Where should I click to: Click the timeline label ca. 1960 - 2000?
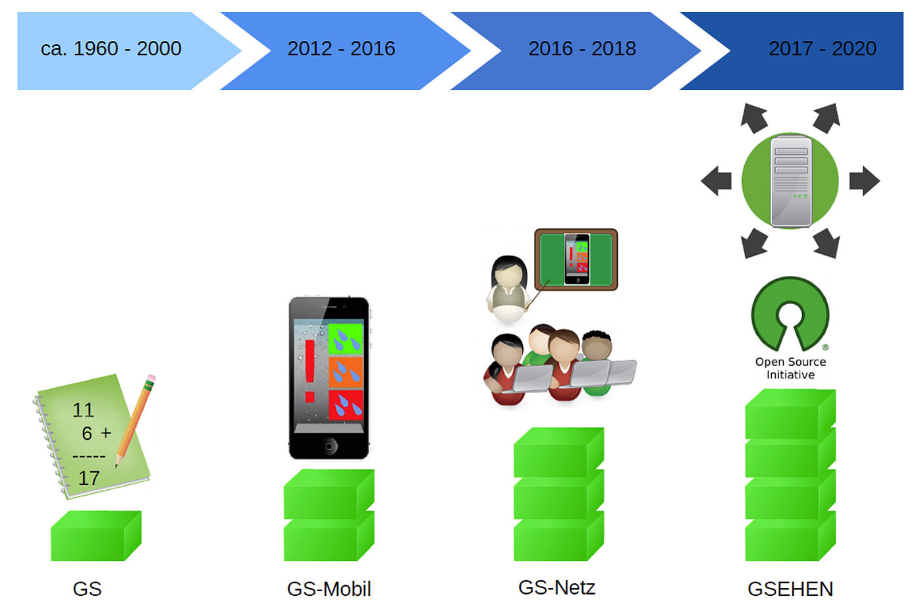coord(111,49)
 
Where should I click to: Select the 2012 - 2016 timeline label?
coord(341,49)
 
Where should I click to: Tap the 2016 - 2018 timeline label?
coord(582,49)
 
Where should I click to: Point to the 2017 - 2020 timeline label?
coord(823,49)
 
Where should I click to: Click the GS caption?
coord(87,589)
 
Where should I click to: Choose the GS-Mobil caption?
coord(329,589)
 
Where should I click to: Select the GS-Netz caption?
coord(556,587)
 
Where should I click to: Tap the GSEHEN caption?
coord(790,589)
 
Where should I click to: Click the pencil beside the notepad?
coord(135,420)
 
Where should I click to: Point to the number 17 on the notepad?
coord(89,478)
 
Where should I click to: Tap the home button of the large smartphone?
coord(329,446)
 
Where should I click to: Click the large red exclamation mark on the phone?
coord(310,371)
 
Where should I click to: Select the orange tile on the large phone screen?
coord(346,372)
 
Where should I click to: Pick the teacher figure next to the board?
coord(508,289)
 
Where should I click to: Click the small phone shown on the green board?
coord(577,259)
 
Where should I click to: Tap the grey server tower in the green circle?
coord(791,181)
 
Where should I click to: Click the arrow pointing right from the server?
coord(864,180)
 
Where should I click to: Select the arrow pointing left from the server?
coord(717,180)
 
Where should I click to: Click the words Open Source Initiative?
coord(790,368)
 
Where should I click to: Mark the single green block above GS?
coord(96,535)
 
